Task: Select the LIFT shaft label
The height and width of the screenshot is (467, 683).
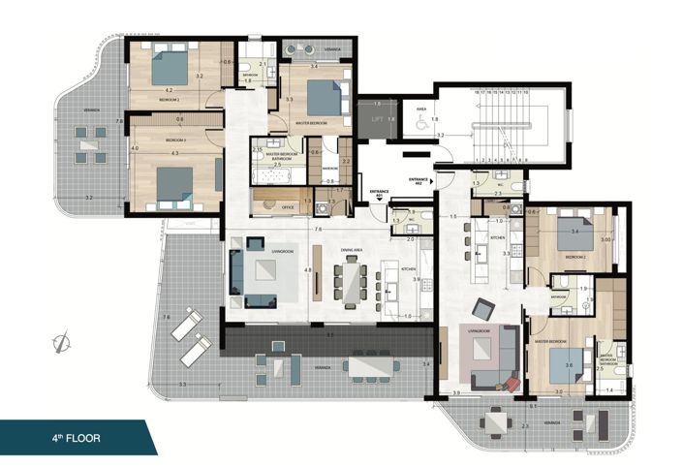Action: coord(378,119)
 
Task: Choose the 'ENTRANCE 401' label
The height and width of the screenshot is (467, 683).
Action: coord(379,192)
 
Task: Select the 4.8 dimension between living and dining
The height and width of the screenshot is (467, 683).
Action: coord(308,270)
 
